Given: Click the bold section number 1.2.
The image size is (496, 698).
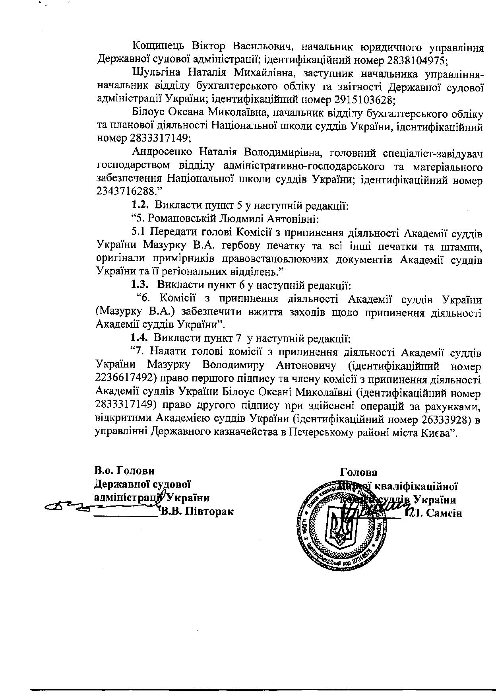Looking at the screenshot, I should point(140,205).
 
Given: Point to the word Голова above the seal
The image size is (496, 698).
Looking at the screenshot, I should point(358,472).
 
